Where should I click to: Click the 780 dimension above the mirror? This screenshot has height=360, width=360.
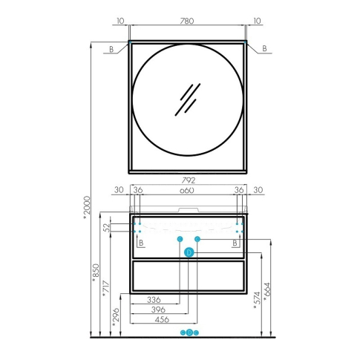click(187, 21)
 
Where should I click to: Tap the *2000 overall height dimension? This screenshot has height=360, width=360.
click(87, 207)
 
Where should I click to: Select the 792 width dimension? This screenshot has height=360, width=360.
click(189, 180)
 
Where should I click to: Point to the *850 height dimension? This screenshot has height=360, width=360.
click(96, 273)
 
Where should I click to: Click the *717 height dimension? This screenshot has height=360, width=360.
click(105, 289)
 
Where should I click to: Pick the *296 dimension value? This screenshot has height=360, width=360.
click(116, 317)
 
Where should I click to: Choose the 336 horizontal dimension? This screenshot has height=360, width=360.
click(154, 300)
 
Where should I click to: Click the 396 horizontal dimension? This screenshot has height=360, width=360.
click(158, 310)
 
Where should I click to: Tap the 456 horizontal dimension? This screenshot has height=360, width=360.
click(162, 319)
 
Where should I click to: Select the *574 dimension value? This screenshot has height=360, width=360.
click(257, 301)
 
